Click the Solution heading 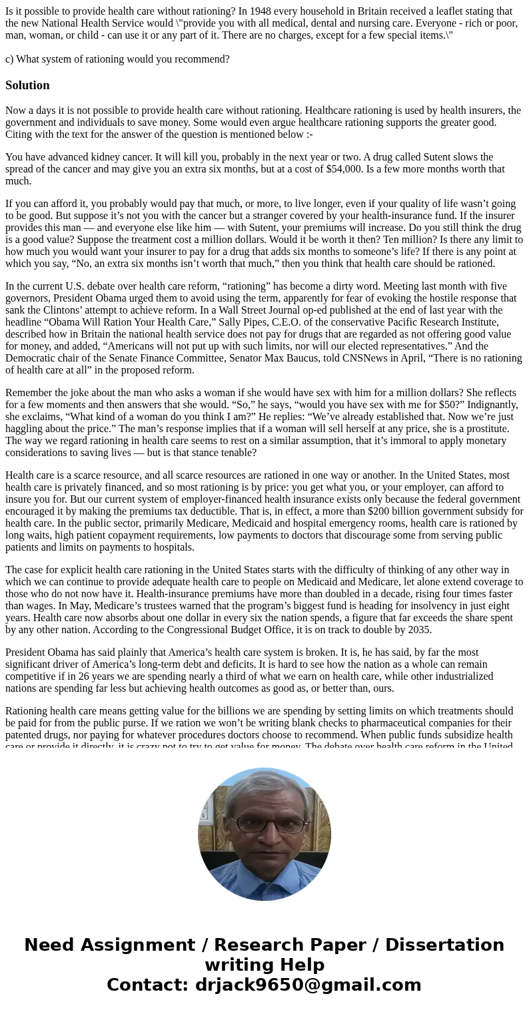(27, 85)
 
